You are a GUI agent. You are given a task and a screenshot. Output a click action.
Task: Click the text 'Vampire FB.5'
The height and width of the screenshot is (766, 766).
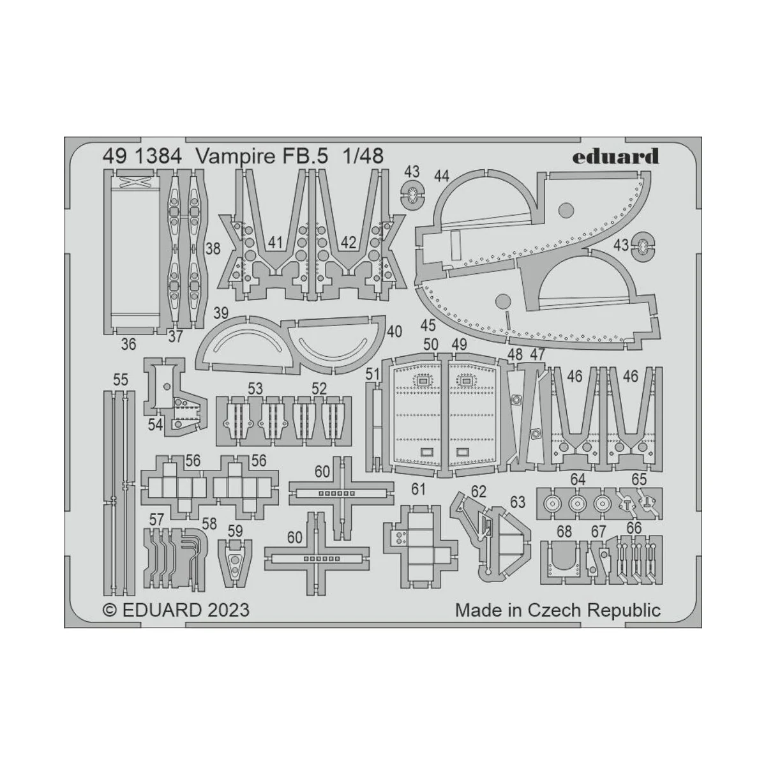pos(264,156)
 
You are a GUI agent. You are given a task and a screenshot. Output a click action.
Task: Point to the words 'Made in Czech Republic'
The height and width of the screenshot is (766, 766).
pos(557,610)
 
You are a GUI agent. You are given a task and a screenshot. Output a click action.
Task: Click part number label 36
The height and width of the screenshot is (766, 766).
pos(128,344)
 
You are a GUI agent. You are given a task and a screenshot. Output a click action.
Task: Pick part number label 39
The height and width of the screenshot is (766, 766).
pos(221,313)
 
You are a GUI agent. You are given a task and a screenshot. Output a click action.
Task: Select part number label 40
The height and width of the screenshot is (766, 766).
pos(394,331)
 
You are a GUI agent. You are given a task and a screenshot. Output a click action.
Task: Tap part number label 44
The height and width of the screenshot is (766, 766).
pos(442,176)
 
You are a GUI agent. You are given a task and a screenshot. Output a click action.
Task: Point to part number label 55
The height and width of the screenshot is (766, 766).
pos(120,380)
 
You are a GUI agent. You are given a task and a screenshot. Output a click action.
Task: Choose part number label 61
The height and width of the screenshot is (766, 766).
pos(418,490)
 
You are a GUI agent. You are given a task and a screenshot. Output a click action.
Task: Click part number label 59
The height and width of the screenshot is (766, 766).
pos(235,530)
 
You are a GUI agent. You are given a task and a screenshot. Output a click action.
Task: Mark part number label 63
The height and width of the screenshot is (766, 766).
pos(517,502)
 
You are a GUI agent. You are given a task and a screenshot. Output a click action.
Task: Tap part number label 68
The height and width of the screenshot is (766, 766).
pos(564,532)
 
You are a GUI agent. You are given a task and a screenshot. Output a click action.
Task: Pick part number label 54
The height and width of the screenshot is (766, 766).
pos(155,424)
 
